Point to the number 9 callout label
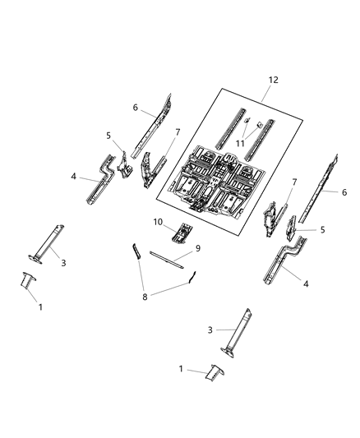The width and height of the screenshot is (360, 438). tap(197, 247)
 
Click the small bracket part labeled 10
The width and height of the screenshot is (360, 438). tap(182, 233)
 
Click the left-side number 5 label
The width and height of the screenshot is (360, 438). tap(107, 136)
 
